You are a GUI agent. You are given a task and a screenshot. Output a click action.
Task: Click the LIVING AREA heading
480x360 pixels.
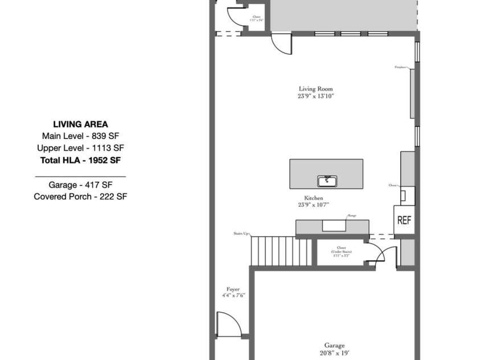pos(80,124)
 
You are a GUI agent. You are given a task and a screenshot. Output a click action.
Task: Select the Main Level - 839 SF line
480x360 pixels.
pos(80,136)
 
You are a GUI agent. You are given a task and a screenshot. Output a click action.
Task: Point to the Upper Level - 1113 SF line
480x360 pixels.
pos(80,148)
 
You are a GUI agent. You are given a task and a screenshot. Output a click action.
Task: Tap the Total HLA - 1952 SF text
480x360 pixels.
pos(80,160)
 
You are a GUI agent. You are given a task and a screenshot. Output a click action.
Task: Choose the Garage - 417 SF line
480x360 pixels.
pos(80,185)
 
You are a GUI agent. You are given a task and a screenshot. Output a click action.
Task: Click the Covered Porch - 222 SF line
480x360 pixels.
pos(80,197)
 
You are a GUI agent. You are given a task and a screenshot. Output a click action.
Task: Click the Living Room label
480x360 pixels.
pos(315,89)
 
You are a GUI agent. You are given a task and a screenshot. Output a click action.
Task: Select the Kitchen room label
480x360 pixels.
pos(314,197)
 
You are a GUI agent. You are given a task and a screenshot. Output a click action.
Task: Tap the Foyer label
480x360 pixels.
pos(233,289)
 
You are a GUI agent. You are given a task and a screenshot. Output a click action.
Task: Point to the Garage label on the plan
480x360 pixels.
pos(334,345)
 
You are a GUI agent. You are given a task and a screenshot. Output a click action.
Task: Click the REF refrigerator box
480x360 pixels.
pos(404,220)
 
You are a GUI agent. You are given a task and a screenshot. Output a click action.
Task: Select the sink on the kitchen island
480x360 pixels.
pos(326,181)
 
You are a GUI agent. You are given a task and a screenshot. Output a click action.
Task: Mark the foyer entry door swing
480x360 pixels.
pos(228,324)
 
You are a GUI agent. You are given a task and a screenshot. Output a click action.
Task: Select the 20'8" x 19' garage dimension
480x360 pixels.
pos(334,353)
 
